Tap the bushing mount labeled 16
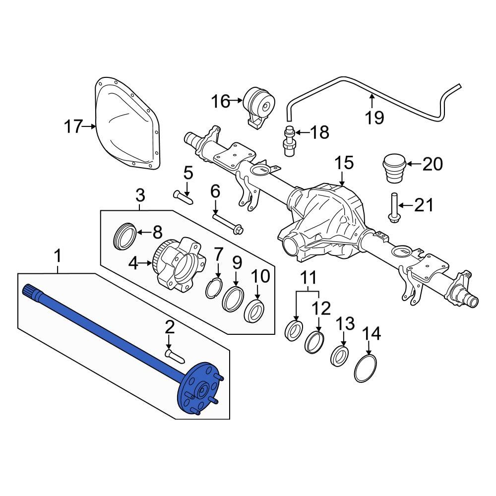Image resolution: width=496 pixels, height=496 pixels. [x=259, y=107]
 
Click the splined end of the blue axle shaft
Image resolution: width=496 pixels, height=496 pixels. [x=29, y=291]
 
